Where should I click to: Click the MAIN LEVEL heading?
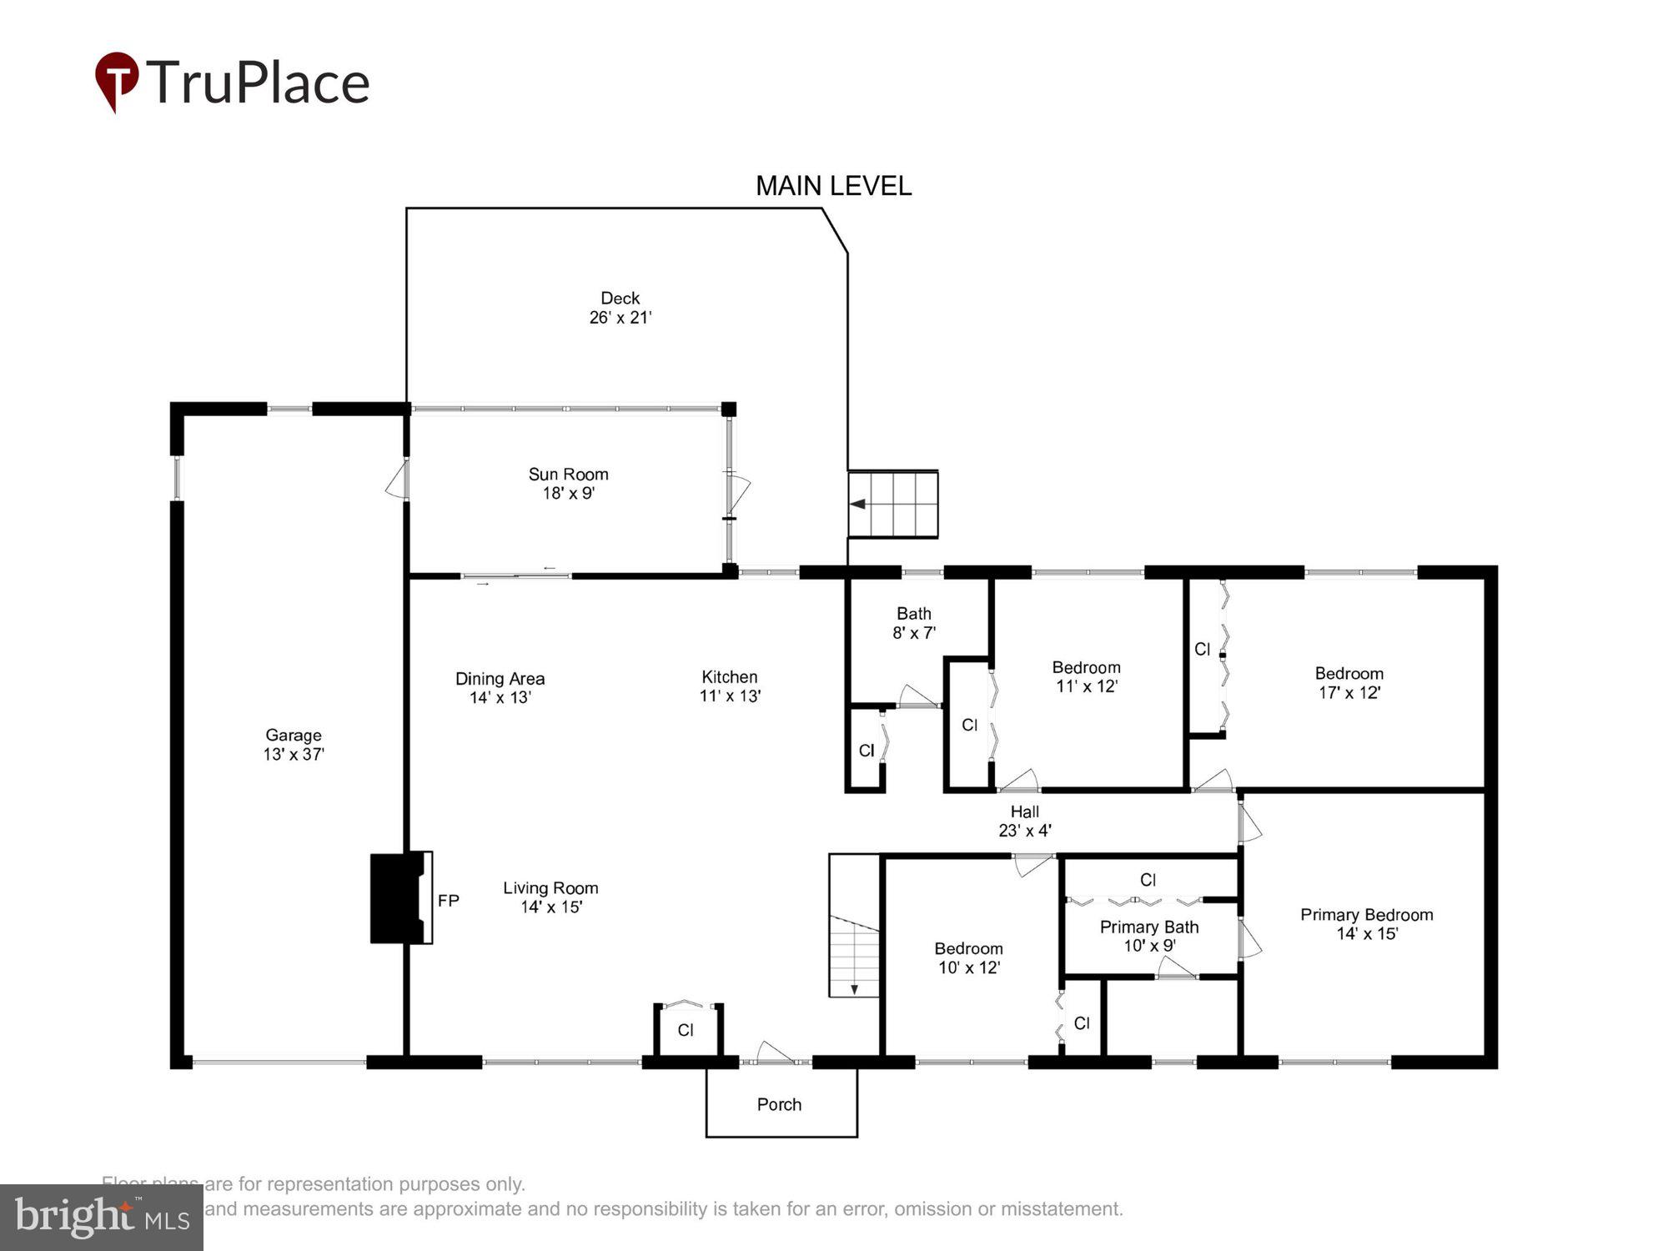(x=832, y=185)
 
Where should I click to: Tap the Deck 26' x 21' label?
(x=620, y=308)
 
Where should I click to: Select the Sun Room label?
(x=568, y=475)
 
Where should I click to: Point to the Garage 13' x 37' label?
(x=294, y=744)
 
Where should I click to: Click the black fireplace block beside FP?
(x=394, y=897)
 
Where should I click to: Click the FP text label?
(x=449, y=901)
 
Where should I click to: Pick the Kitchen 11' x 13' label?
(x=730, y=686)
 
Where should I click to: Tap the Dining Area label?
(x=500, y=679)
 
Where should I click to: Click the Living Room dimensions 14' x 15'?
(x=551, y=907)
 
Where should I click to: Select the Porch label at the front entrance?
(x=779, y=1104)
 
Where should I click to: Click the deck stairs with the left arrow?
(x=893, y=504)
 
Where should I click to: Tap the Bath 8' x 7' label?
(x=914, y=623)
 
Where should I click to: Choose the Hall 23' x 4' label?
(x=1024, y=821)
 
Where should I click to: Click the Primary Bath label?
(x=1148, y=927)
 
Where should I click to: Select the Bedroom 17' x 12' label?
(x=1349, y=682)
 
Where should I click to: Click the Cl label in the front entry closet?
(x=686, y=1030)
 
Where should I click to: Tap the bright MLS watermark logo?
(x=102, y=1217)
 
